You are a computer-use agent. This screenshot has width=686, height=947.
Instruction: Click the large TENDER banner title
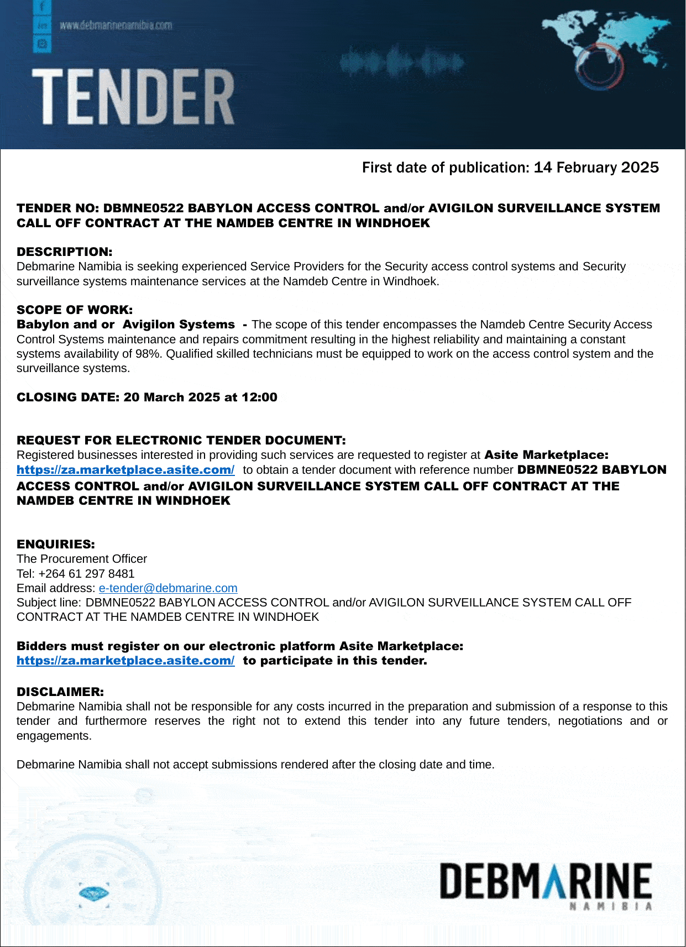point(133,97)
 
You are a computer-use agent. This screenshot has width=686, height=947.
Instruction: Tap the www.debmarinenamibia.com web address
point(116,25)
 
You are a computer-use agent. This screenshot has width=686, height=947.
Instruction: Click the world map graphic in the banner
point(605,47)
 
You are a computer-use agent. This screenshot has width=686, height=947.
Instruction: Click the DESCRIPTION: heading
point(64,252)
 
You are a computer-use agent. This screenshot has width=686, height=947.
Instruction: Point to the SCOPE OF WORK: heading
point(75,310)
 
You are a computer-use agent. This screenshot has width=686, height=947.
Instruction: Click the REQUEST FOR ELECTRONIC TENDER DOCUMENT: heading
point(181,440)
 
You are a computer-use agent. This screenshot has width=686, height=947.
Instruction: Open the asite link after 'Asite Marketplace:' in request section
point(125,470)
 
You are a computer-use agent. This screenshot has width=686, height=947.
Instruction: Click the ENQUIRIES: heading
point(56,544)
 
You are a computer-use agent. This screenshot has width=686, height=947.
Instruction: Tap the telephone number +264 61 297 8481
point(87,574)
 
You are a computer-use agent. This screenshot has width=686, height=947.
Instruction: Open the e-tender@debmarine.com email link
point(168,588)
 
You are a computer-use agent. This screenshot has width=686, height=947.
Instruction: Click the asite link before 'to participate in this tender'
point(125,661)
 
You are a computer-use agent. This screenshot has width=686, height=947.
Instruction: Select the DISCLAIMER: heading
point(60,692)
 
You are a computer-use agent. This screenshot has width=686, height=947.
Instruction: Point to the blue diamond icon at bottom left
point(93,892)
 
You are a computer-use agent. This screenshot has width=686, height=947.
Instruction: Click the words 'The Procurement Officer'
point(82,559)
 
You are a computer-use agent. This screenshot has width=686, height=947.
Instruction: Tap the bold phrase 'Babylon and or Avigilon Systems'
point(125,325)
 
